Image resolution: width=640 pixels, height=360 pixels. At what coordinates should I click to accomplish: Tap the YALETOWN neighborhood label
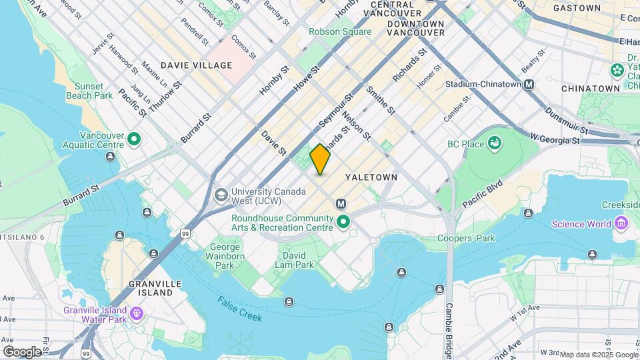pyautogui.click(x=371, y=177)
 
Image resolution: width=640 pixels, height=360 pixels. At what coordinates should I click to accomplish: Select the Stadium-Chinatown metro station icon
pyautogui.click(x=529, y=85)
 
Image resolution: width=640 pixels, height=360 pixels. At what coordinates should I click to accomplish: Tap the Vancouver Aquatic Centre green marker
pyautogui.click(x=134, y=140)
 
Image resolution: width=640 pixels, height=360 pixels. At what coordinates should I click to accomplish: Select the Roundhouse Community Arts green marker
pyautogui.click(x=344, y=223)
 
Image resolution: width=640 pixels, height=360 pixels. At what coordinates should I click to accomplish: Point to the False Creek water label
pyautogui.click(x=239, y=309)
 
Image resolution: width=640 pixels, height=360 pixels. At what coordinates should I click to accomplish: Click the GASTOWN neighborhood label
pyautogui.click(x=577, y=8)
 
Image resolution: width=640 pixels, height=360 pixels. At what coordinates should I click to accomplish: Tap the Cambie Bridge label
pyautogui.click(x=449, y=326)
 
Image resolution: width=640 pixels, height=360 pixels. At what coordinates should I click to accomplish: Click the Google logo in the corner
pyautogui.click(x=22, y=351)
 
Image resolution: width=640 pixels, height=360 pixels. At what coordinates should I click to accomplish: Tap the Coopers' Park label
pyautogui.click(x=466, y=238)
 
